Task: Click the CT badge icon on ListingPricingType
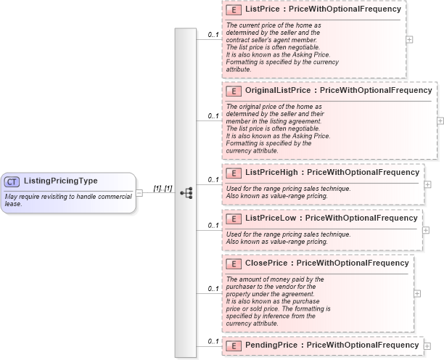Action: coord(12,181)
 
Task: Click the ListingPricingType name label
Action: coord(60,181)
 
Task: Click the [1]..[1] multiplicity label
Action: coord(162,189)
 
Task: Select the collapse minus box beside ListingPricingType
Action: coord(139,192)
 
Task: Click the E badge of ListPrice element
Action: coord(234,10)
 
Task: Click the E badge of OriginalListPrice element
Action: coord(234,91)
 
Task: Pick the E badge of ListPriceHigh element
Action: coord(234,173)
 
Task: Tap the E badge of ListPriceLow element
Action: coord(234,218)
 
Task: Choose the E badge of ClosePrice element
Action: coord(234,263)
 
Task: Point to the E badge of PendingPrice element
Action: coord(234,345)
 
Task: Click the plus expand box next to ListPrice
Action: coord(409,39)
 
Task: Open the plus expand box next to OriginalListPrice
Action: coord(440,120)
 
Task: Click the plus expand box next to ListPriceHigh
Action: coord(427,184)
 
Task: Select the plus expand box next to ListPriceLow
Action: coord(426,230)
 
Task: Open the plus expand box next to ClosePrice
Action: coord(416,293)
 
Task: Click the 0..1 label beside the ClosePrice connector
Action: coord(213,289)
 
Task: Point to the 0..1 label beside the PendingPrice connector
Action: coord(213,341)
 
